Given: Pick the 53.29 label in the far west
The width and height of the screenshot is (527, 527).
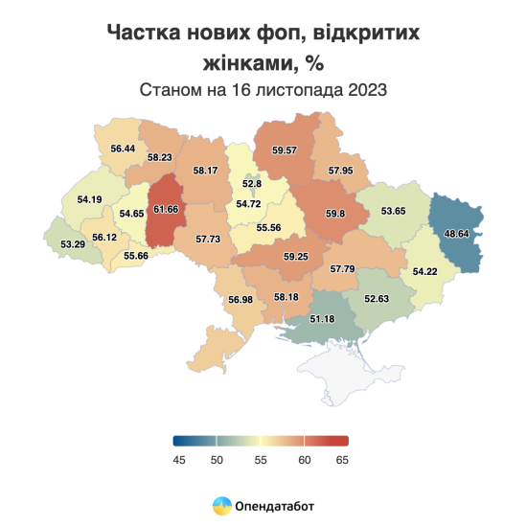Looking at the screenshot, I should click(72, 244).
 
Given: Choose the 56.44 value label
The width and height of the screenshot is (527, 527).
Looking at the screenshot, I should click(123, 149).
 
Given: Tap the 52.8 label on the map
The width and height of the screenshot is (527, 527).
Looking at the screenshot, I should click(252, 183).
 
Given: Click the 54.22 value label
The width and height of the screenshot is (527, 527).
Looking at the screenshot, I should click(424, 271).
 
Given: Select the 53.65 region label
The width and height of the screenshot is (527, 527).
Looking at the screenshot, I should click(394, 210).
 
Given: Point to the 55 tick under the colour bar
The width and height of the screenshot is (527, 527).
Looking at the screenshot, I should click(261, 460).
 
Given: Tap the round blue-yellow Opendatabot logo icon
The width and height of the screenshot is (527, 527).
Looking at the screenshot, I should click(220, 504).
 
